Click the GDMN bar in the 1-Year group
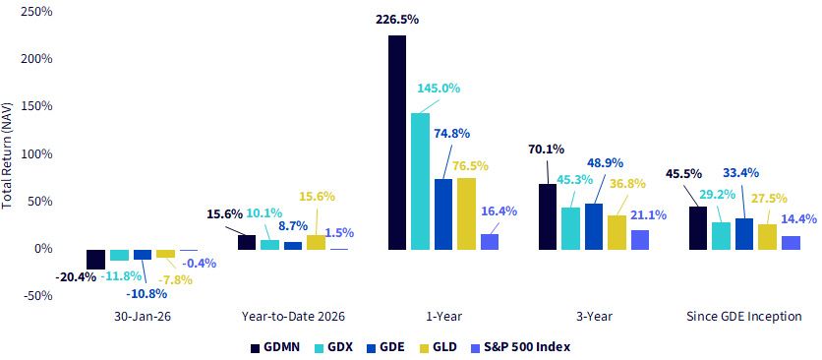[x=397, y=143]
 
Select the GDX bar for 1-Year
[x=421, y=181]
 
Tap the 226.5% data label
[x=397, y=20]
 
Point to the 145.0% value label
[x=439, y=88]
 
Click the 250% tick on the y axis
[x=35, y=11]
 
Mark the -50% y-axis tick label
[x=36, y=295]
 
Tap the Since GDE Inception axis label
[x=744, y=317]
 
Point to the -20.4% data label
[x=75, y=276]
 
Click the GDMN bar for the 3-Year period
[x=549, y=216]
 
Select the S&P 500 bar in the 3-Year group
[x=640, y=240]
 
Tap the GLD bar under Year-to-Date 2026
[x=316, y=242]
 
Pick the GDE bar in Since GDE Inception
[x=745, y=233]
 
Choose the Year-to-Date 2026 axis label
[x=294, y=317]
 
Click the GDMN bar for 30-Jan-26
[x=96, y=260]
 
